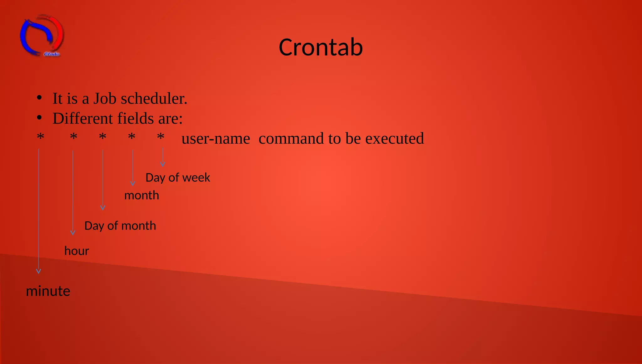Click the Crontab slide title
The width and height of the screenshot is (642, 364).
pos(321,47)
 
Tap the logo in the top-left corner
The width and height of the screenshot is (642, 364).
pos(42,35)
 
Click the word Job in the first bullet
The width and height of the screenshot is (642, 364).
pos(105,99)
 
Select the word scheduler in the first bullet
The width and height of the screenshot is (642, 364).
pos(154,99)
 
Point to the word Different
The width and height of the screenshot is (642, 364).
pos(82,119)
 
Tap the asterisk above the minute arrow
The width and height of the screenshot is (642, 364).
pos(40,137)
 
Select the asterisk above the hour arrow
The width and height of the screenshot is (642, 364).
pos(74,137)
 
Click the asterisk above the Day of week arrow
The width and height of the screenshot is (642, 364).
pos(160,137)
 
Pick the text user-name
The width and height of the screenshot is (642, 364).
pos(216,139)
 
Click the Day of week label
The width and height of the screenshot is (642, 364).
pos(178,178)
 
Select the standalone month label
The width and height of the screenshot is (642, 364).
pos(142,196)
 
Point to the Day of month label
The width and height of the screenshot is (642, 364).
pos(120,226)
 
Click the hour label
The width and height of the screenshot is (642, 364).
pos(77,251)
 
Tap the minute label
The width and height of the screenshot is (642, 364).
pos(48,291)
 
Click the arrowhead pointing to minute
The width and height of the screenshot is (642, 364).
pos(39,271)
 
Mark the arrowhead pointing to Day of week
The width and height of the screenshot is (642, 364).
pos(162,164)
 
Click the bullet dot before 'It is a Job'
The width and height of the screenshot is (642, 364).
pos(39,98)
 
